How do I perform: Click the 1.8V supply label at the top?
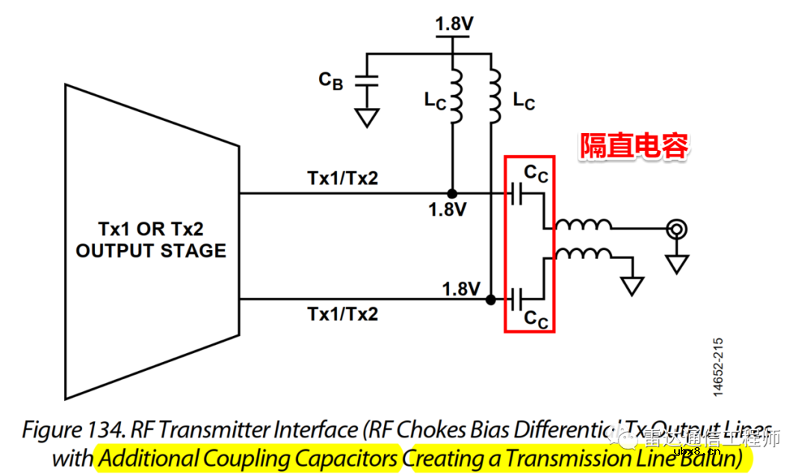(x=454, y=25)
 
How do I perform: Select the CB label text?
(x=331, y=80)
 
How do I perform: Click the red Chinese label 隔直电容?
(x=634, y=146)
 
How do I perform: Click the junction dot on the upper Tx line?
(x=452, y=194)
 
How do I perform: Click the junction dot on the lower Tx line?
(x=491, y=300)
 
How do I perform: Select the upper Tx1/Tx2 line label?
(x=342, y=179)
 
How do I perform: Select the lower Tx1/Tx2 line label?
(x=342, y=314)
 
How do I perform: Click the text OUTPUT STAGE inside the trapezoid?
(x=151, y=251)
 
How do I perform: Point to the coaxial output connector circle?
(x=677, y=229)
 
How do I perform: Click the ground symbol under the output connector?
(x=677, y=263)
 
